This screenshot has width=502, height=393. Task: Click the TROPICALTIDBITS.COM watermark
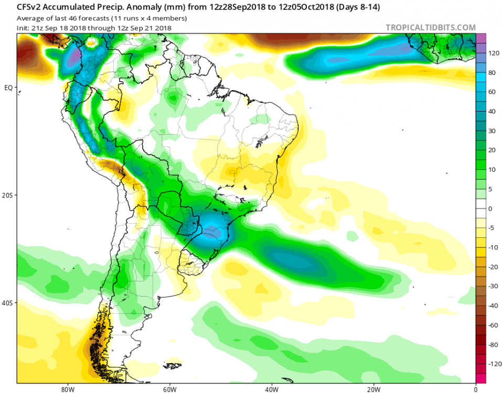(x=430, y=28)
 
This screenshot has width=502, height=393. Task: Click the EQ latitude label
(x=8, y=88)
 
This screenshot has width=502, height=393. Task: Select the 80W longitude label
(x=66, y=388)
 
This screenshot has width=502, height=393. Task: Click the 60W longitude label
(x=168, y=388)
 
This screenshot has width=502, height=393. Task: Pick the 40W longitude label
(x=271, y=388)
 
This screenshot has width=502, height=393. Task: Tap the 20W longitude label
(x=373, y=388)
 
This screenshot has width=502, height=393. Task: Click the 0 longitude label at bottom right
(x=475, y=388)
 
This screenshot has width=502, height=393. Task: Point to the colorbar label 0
(x=491, y=209)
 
